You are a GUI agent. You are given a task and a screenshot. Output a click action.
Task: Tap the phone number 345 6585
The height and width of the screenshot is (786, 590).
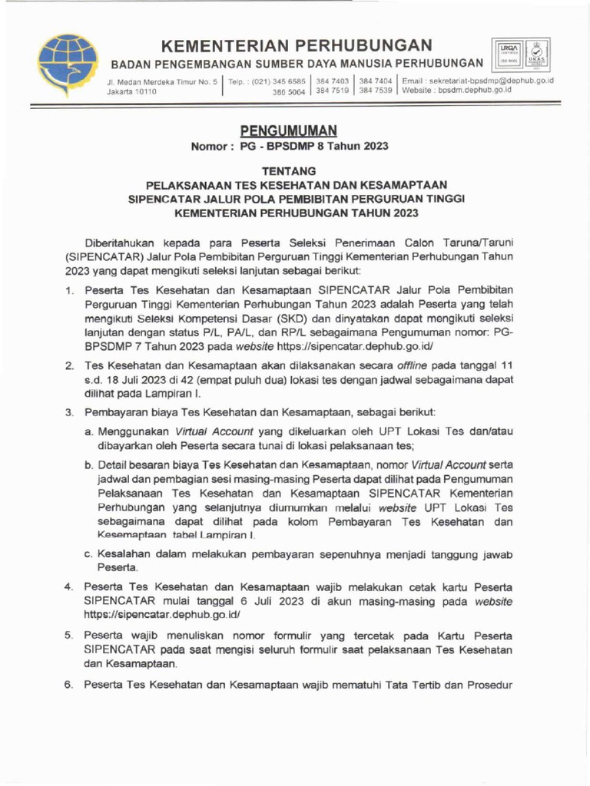tap(290, 81)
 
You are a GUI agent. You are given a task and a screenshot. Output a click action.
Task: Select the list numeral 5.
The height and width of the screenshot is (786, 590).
tap(68, 636)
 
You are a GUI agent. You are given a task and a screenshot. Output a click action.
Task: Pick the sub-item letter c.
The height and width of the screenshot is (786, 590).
tap(89, 554)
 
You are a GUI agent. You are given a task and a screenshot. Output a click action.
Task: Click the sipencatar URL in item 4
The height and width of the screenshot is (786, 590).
tap(167, 614)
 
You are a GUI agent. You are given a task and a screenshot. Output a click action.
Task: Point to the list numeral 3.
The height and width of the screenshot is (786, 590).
tap(68, 413)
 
